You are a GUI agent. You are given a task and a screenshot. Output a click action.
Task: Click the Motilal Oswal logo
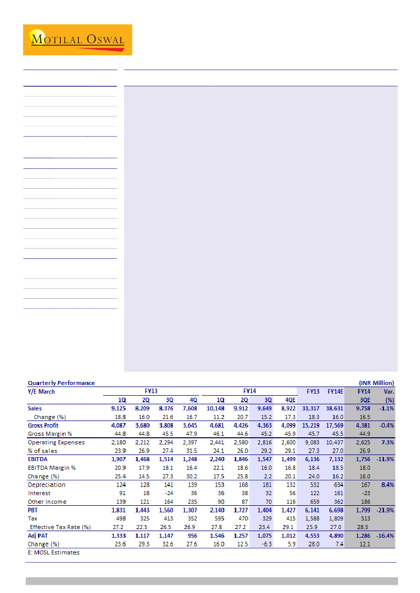click(77, 40)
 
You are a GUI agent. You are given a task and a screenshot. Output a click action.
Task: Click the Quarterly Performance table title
click(61, 383)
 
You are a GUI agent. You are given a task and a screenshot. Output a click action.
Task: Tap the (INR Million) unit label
click(376, 383)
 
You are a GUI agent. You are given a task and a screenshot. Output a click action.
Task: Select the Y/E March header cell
click(41, 391)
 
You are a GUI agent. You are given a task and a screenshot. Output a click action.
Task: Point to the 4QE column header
click(291, 400)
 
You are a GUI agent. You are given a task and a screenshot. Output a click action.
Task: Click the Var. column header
click(389, 391)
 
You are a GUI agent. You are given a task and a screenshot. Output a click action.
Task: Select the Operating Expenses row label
click(56, 442)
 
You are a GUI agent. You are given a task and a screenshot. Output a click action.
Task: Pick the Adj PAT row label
click(39, 536)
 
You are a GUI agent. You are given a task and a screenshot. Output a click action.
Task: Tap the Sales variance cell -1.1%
click(386, 408)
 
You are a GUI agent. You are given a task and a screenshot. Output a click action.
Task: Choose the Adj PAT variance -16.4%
click(385, 536)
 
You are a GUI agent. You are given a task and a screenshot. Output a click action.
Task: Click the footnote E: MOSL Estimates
click(53, 552)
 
